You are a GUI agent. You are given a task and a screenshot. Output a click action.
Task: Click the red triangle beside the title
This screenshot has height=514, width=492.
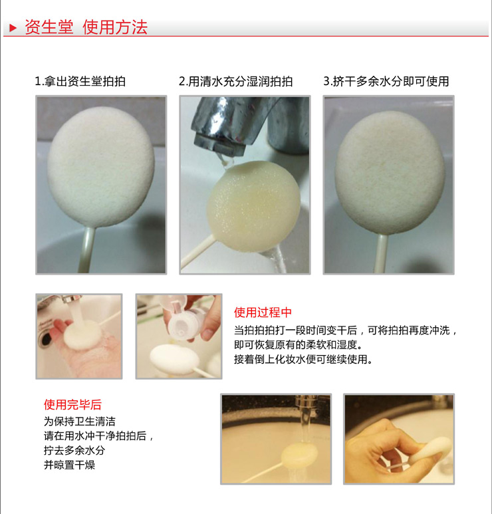tap(13, 27)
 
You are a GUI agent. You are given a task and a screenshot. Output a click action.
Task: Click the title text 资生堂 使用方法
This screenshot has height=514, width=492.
tap(86, 27)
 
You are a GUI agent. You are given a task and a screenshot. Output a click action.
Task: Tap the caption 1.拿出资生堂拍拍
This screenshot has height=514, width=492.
tap(80, 81)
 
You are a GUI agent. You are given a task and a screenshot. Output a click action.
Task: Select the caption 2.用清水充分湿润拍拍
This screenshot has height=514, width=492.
tap(235, 81)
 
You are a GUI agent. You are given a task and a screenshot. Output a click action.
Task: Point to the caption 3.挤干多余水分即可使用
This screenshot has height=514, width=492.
tap(386, 81)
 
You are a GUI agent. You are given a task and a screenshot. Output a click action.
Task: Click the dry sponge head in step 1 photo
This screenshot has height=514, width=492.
tap(101, 166)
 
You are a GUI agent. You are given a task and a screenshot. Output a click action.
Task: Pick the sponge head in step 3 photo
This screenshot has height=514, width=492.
tap(390, 173)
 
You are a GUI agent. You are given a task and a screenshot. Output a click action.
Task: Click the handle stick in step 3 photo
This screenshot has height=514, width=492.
tap(381, 253)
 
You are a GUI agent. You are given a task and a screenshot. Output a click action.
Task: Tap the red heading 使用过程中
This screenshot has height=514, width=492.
tap(263, 313)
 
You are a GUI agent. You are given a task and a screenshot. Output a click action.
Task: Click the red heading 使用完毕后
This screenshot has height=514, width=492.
tap(72, 404)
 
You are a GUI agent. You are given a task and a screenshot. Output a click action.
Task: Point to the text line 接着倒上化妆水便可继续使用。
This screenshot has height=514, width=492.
tap(304, 359)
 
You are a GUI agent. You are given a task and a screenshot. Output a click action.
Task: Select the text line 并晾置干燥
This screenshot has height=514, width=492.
tap(69, 465)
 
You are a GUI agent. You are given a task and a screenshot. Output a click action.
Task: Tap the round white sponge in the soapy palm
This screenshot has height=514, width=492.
tap(82, 334)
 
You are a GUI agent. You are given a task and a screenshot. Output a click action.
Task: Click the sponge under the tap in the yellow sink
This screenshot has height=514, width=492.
tap(300, 454)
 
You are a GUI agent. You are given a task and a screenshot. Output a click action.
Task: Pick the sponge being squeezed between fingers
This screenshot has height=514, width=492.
tap(431, 448)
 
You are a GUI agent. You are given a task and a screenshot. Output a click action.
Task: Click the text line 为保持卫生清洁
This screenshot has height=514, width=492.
tap(79, 421)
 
